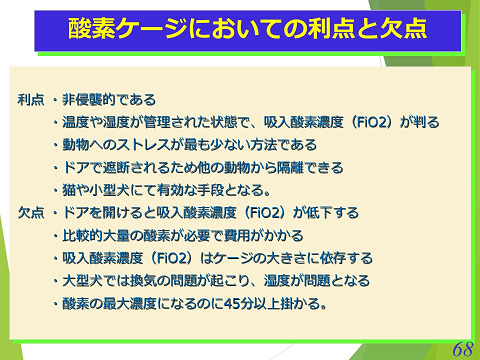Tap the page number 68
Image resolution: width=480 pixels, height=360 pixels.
(x=461, y=348)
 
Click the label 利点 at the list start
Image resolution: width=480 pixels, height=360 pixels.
(x=31, y=101)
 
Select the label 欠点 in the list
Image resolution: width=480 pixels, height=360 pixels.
(x=31, y=213)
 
